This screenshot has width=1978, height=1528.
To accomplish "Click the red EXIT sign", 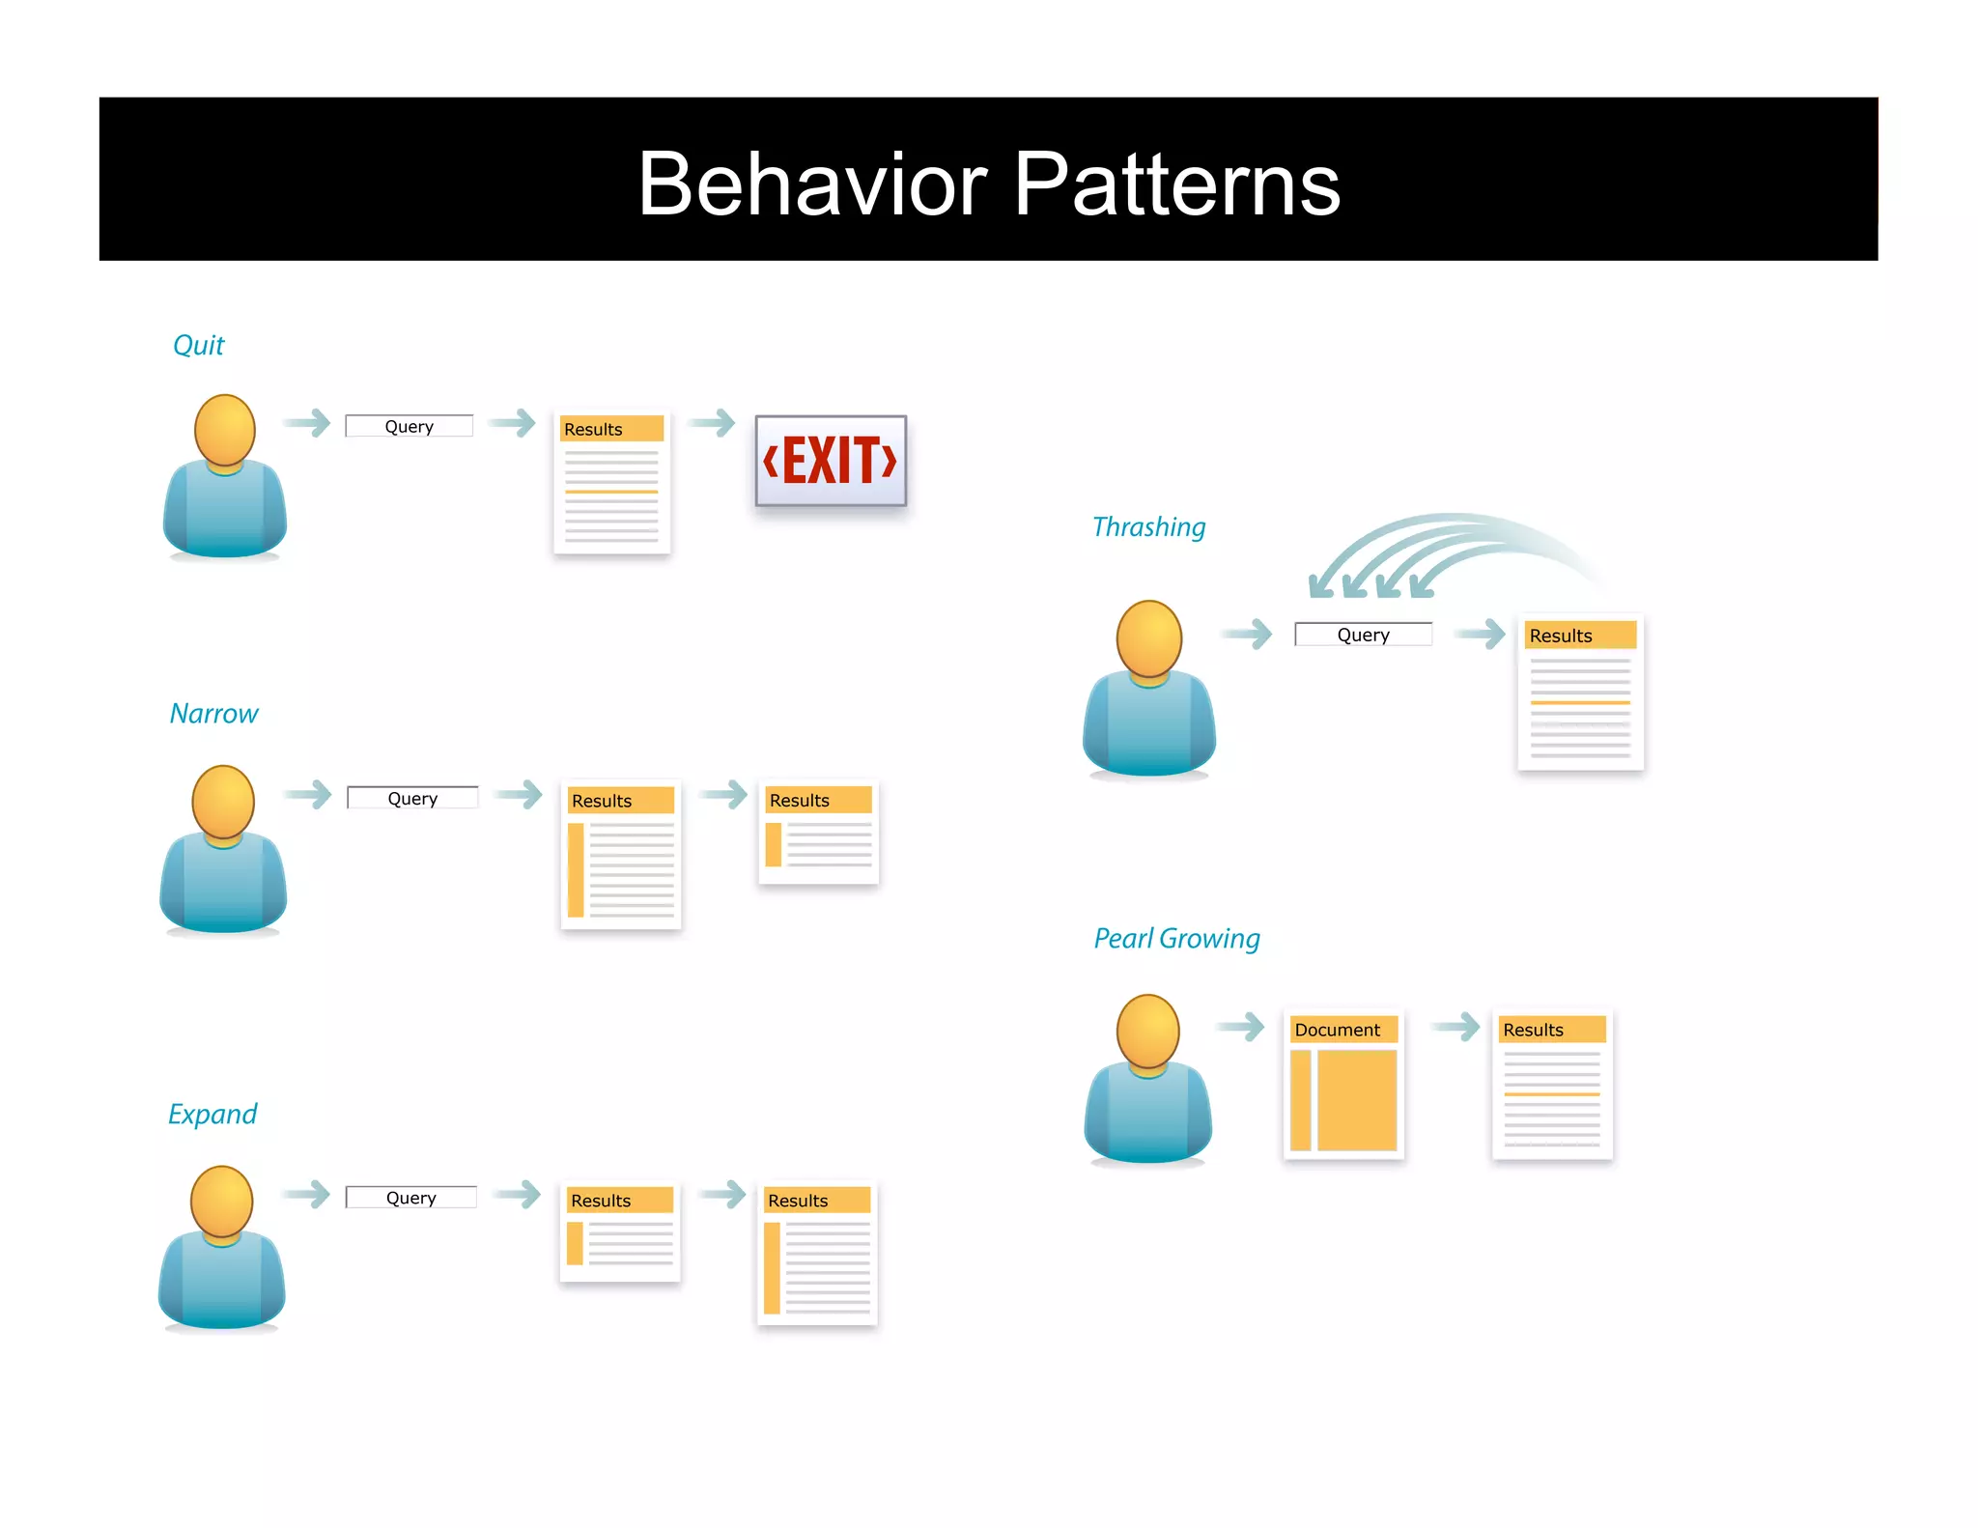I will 831,461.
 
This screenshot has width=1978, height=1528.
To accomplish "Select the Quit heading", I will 198,345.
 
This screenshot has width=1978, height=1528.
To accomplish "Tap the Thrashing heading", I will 1148,527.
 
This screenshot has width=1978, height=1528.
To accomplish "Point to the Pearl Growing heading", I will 1176,938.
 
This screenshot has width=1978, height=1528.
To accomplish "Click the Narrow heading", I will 213,714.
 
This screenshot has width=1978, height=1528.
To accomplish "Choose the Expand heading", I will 212,1114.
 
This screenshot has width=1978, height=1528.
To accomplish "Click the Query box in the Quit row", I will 410,426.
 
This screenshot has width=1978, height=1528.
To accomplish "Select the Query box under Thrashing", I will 1363,635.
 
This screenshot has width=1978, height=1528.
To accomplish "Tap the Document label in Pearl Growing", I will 1338,1030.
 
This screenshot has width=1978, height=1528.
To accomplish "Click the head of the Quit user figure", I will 225,430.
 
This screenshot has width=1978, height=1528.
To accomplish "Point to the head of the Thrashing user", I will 1149,637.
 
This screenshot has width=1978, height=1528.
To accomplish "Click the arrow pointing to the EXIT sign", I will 714,422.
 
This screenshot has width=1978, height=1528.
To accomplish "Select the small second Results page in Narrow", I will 819,832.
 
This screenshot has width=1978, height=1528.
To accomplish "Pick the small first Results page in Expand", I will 620,1233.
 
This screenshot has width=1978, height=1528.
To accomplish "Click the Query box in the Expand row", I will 411,1198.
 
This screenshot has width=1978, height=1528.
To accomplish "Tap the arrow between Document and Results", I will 1455,1026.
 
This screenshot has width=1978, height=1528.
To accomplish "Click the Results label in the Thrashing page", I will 1561,636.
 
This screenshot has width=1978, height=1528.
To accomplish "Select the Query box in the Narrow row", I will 412,798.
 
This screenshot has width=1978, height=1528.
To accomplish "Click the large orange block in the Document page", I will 1357,1100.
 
